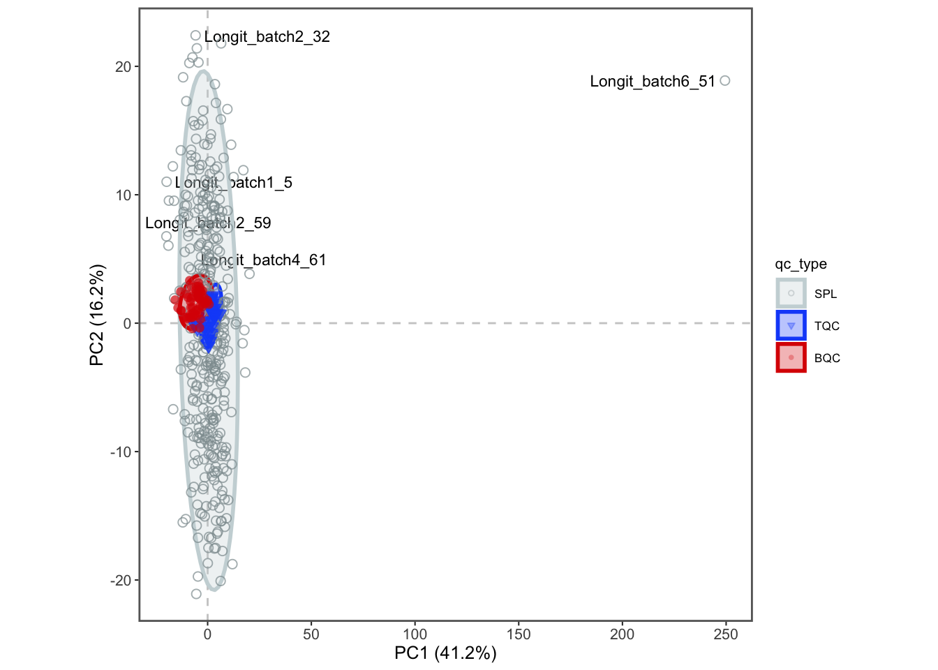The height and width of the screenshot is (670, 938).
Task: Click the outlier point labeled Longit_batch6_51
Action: coord(724,81)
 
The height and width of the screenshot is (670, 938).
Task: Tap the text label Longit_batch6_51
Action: coord(653,82)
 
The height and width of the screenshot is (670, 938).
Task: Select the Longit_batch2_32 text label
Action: coord(267,37)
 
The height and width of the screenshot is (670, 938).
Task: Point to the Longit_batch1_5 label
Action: coord(234,183)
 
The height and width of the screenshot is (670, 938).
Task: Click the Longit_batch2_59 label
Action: coord(208,223)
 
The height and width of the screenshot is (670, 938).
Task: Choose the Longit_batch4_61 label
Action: coord(264,260)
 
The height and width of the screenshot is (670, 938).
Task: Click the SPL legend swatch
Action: coord(791,294)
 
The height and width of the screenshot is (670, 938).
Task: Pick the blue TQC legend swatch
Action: coord(791,326)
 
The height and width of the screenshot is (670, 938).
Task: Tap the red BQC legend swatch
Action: coord(791,358)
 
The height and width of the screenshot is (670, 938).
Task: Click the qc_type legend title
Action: coord(801,264)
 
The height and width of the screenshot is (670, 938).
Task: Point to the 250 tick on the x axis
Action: coord(726,634)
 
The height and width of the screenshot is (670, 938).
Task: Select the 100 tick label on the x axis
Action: coord(415,634)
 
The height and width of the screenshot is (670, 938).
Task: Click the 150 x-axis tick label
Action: coord(519,634)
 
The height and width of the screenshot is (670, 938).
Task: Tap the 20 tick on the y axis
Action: coord(123,67)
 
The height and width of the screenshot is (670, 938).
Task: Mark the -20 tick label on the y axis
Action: coord(120,581)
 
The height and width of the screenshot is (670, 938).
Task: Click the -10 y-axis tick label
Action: coord(120,452)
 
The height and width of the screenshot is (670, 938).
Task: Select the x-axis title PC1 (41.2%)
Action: coord(445,653)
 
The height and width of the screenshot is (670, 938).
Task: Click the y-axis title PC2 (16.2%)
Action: coord(97,315)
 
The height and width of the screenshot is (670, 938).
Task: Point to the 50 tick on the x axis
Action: coord(311,634)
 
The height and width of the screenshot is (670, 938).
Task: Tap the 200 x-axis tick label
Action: coord(623,634)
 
